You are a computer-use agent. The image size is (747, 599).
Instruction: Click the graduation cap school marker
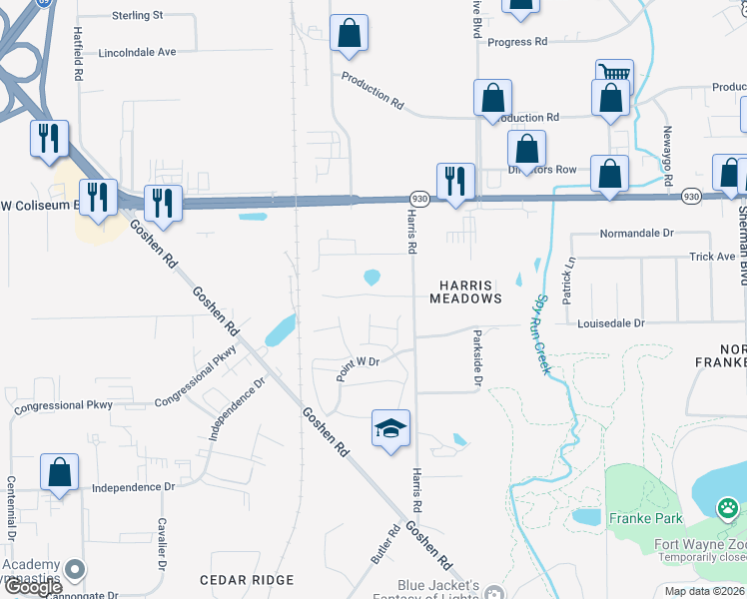coord(391,428)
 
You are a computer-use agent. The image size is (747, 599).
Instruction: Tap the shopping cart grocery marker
coord(614,76)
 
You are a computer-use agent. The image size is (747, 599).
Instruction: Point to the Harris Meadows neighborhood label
coord(465,291)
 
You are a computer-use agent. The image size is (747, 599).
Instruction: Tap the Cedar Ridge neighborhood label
coord(247,580)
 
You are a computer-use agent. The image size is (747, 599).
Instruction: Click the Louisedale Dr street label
coord(611,323)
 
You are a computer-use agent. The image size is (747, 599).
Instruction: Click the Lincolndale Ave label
coord(137,51)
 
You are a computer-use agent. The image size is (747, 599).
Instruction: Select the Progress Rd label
coord(517,42)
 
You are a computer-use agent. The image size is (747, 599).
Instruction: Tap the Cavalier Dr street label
coord(160,543)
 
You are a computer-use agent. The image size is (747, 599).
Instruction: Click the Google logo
coord(33,587)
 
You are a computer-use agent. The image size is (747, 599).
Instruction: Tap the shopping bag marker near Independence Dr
coord(60,472)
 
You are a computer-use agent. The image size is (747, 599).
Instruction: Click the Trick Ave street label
coord(711,257)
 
